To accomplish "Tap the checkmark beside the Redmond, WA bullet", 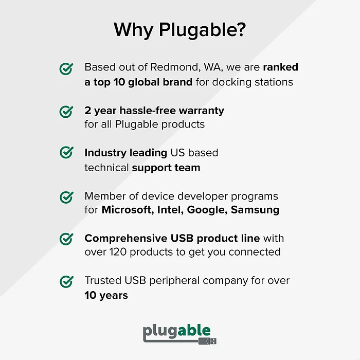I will point(66,69).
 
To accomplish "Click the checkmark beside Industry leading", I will point(66,153).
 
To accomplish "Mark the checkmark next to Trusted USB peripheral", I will point(66,281).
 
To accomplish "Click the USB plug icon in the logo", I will point(211,340).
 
